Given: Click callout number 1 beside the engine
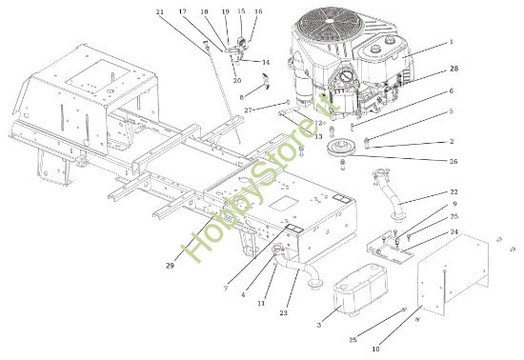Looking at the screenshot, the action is [x=452, y=43].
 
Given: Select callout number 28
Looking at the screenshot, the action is [x=453, y=70].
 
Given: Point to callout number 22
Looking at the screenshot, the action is [x=453, y=192].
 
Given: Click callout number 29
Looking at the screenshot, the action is [x=170, y=266].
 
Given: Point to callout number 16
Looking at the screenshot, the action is [x=258, y=12].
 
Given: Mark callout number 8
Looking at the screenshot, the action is [x=242, y=97].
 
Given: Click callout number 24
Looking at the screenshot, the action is [x=453, y=231].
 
